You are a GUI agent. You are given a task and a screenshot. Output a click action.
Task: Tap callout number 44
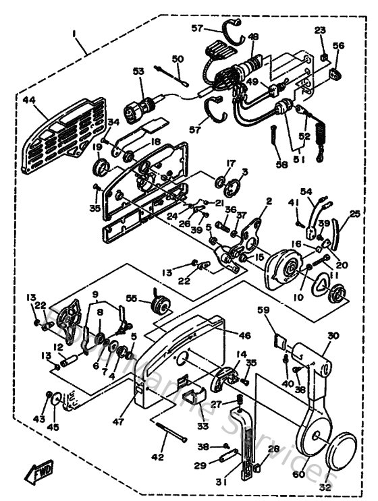(30, 99)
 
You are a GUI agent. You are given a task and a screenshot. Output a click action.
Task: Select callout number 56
(338, 46)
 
